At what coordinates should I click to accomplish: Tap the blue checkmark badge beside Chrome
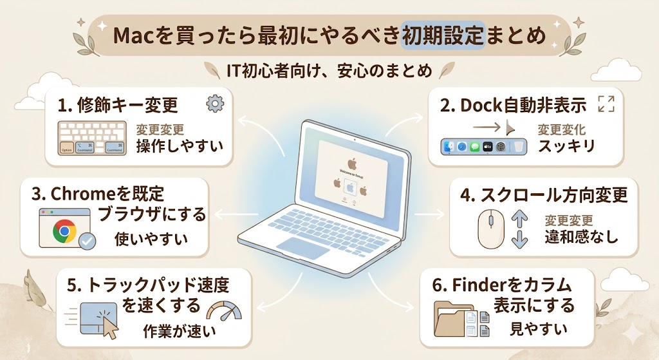pos(87,242)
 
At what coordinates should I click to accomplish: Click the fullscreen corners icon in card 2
pos(606,104)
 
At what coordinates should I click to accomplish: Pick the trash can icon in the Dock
pos(517,147)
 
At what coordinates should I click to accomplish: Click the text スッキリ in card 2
pos(566,146)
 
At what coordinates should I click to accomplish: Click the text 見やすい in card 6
pos(539,328)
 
